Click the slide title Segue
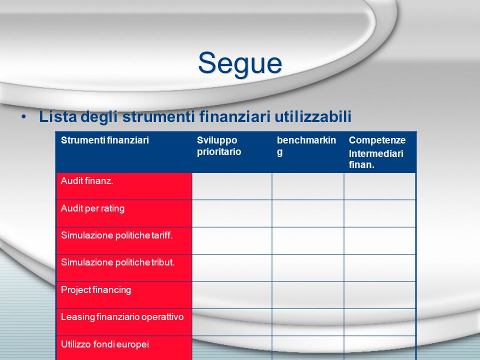(240, 63)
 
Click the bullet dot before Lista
(23, 116)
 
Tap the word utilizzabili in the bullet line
(313, 116)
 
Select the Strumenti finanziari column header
(104, 140)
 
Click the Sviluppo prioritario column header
(219, 146)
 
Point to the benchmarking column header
(306, 146)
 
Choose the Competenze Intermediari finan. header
(377, 152)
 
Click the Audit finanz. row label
(87, 181)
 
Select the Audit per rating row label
(92, 208)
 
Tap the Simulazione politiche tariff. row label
(116, 235)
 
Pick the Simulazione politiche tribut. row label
(117, 262)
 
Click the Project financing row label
(96, 290)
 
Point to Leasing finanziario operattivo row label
(122, 317)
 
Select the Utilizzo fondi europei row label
(104, 344)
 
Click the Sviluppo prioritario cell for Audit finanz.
(231, 186)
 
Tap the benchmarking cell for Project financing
(307, 295)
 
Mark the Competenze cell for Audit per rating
(379, 213)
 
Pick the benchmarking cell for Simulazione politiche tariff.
(307, 240)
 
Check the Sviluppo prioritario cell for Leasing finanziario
(231, 322)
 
